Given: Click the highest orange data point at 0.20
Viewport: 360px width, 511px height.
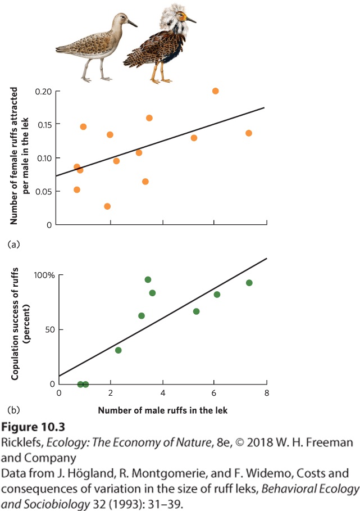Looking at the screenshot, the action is tap(216, 91).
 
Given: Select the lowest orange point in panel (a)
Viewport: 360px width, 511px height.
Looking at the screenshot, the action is tap(107, 206).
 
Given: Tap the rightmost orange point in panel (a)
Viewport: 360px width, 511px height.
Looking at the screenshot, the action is tap(249, 133).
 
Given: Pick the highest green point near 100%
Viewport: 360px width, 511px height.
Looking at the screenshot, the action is tap(148, 279).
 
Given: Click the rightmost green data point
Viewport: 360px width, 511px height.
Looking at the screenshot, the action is tap(249, 283).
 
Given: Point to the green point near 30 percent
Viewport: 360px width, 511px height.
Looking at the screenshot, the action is tap(118, 350).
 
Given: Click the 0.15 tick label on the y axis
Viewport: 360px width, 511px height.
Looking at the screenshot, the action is tap(44, 125).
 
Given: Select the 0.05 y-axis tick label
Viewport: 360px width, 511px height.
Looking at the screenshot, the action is tap(44, 192).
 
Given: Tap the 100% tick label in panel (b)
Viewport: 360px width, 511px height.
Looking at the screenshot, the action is tap(44, 275).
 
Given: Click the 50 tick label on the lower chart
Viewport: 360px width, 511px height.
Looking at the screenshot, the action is tap(50, 330).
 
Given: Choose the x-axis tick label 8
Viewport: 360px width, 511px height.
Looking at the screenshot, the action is tap(267, 393).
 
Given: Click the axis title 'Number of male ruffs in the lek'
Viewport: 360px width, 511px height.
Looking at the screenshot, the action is tap(163, 410).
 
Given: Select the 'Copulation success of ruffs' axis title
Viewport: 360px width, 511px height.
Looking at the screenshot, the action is tap(15, 324).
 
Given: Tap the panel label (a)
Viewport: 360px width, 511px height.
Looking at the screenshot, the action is tap(13, 245).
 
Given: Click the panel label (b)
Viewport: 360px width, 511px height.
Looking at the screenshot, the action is tap(13, 410).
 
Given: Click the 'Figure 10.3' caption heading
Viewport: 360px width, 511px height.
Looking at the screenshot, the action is tap(33, 427).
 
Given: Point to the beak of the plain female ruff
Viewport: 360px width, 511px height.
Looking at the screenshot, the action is tap(132, 24).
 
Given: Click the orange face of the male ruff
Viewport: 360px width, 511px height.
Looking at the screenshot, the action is tap(182, 15).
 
